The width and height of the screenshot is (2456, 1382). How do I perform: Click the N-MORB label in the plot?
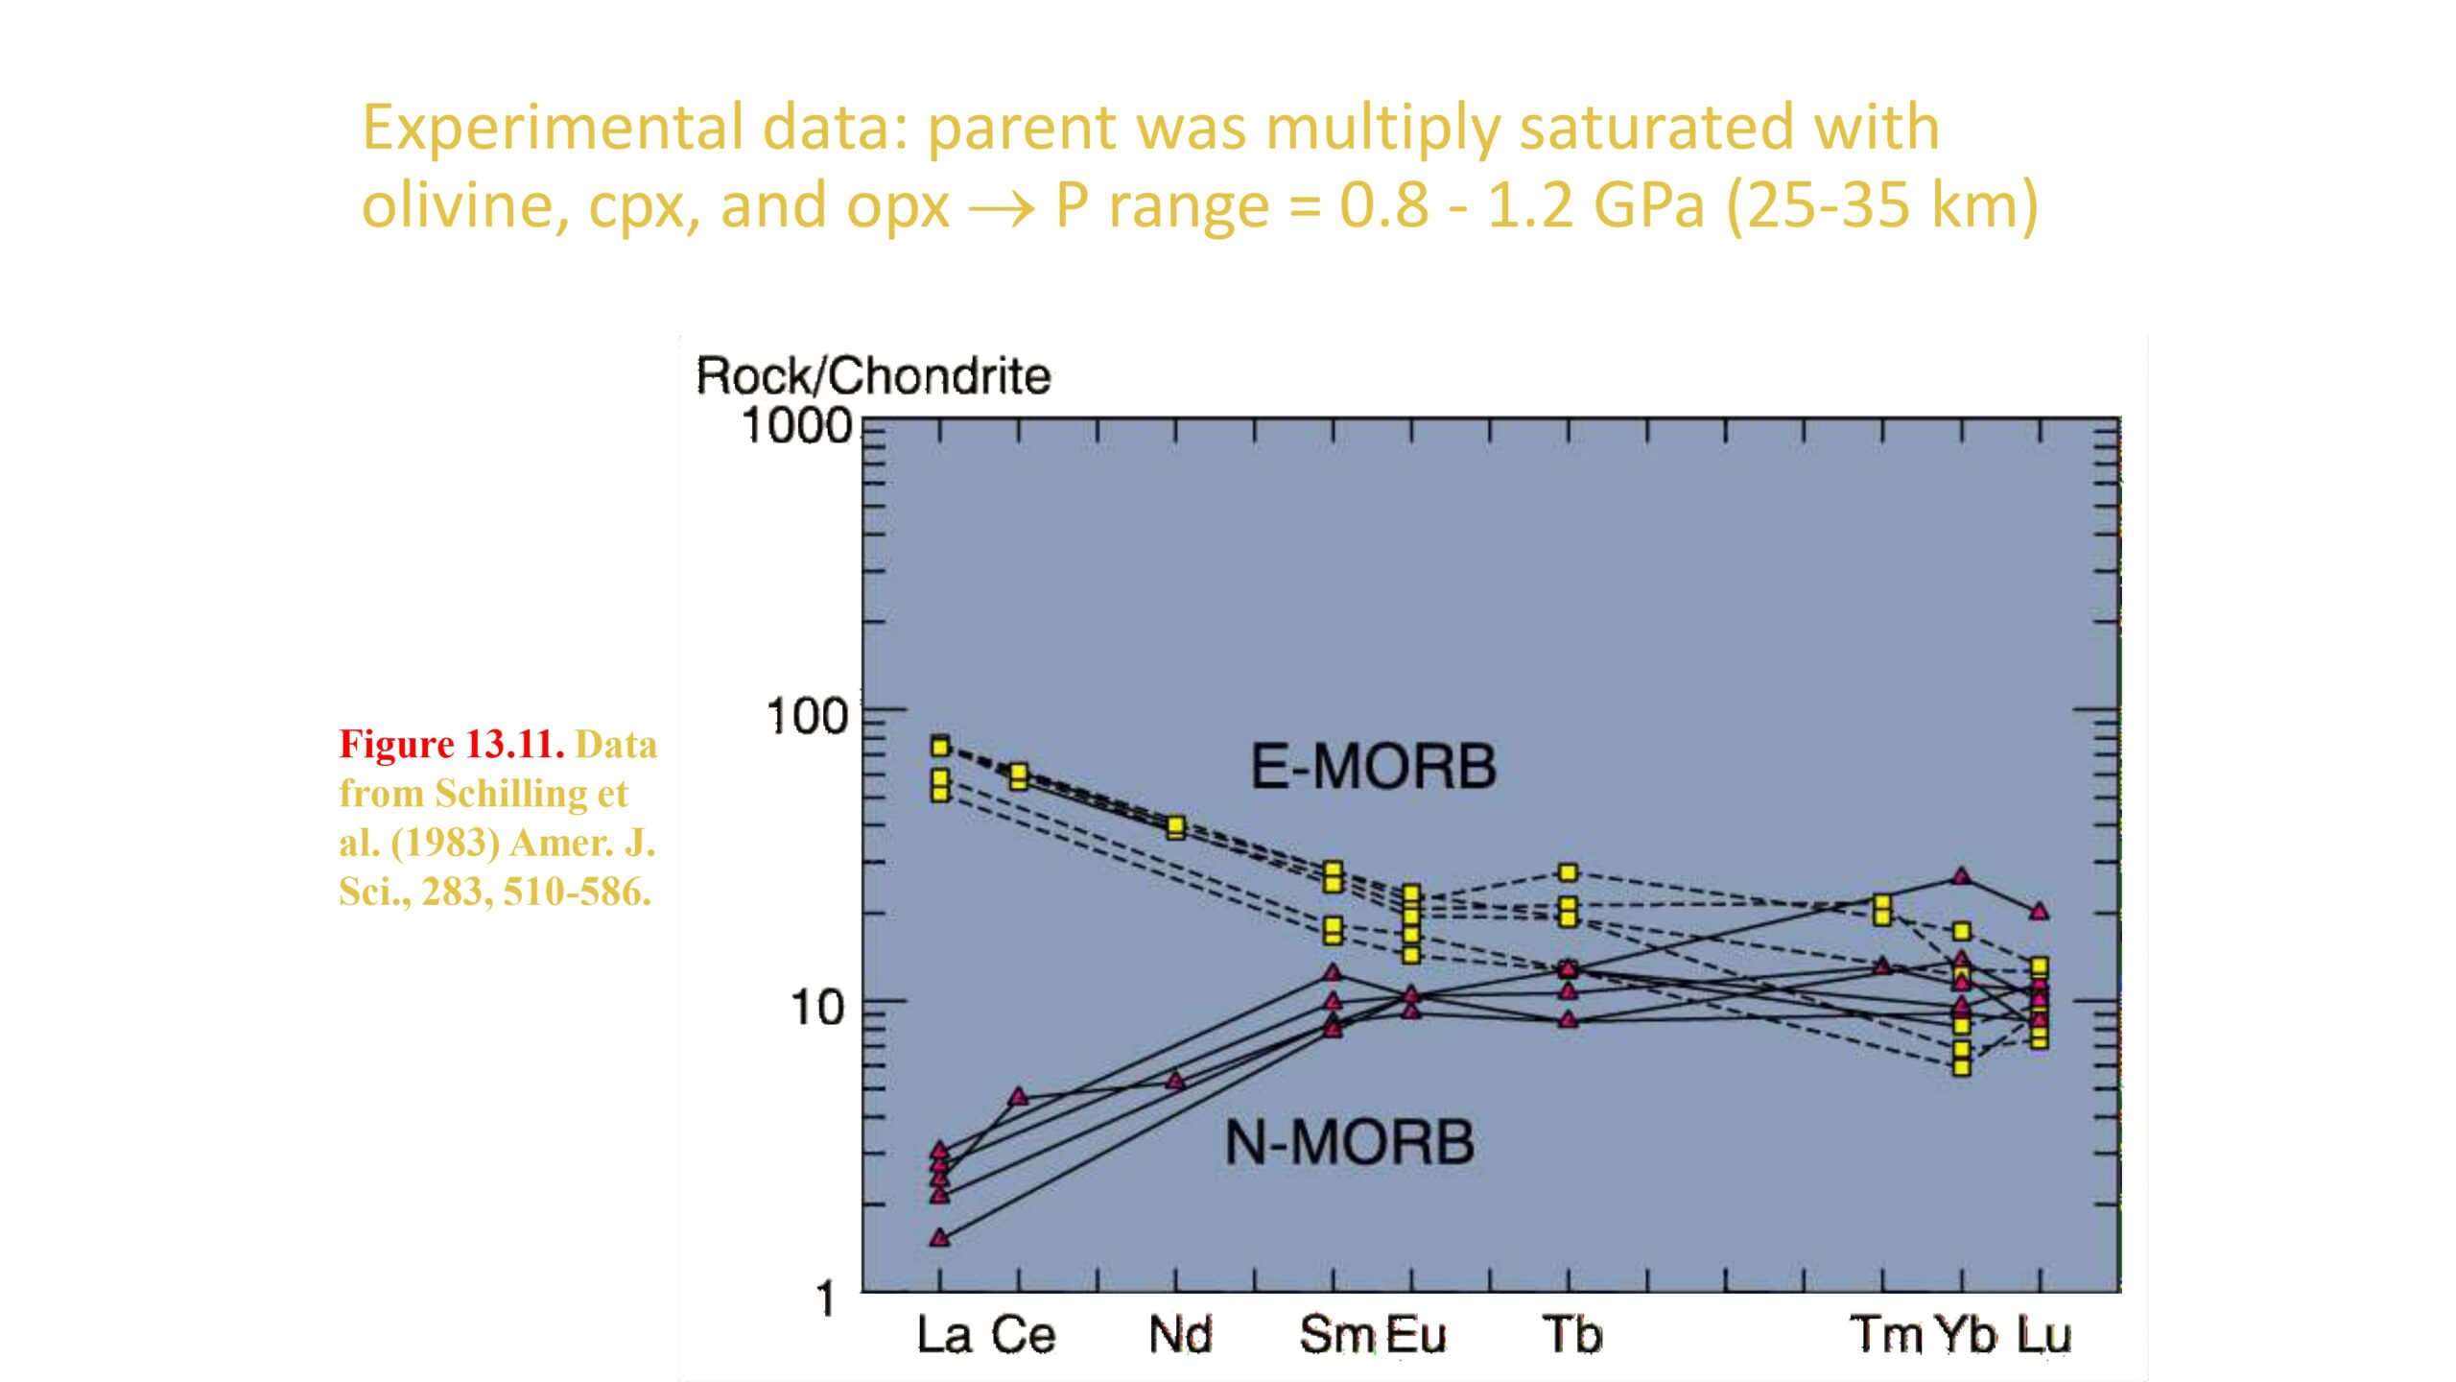tap(1349, 1142)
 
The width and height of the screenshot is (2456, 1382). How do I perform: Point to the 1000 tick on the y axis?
tap(797, 425)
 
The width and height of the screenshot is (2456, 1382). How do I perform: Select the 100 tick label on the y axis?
tap(808, 716)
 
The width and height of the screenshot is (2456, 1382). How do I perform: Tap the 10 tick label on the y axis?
tap(817, 1008)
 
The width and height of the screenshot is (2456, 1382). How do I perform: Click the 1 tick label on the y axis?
tap(825, 1299)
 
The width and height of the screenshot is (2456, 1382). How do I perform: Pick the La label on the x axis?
tap(944, 1335)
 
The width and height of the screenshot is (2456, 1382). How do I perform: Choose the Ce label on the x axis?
tap(1023, 1335)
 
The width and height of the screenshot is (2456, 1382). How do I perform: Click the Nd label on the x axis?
tap(1180, 1335)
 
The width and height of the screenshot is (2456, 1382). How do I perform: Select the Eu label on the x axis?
tap(1415, 1335)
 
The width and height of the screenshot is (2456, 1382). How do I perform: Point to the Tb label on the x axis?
tap(1571, 1335)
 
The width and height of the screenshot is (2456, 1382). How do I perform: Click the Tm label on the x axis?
tap(1886, 1335)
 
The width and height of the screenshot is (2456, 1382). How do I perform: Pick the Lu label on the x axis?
tap(2043, 1335)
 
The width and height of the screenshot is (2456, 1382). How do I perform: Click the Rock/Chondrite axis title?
tap(873, 375)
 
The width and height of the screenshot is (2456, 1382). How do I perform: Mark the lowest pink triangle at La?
tap(939, 1238)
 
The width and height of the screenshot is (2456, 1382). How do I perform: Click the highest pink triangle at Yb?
tap(1961, 876)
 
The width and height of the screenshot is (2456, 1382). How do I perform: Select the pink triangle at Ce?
tap(1019, 1097)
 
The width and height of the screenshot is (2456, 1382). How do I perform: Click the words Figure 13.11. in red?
tap(452, 745)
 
